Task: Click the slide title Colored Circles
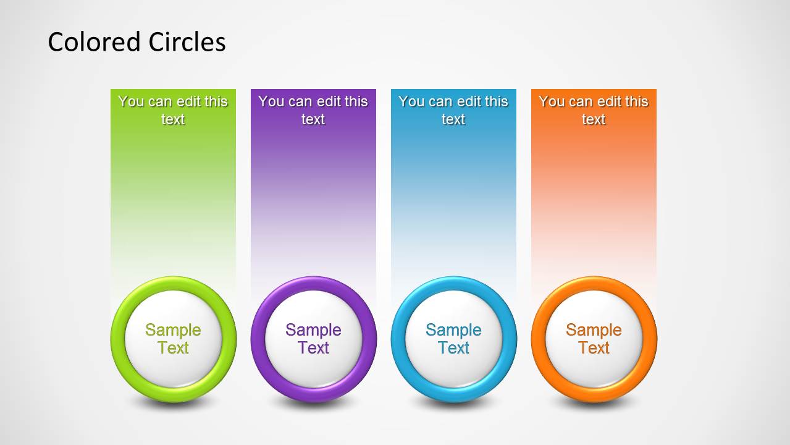[x=137, y=42]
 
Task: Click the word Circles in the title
[x=187, y=42]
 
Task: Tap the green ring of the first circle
[x=118, y=339]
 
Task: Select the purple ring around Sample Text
[x=258, y=339]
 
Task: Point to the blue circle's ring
[x=398, y=339]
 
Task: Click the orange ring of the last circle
[x=539, y=339]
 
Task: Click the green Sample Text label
[x=173, y=339]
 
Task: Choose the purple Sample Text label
[x=313, y=339]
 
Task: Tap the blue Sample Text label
[x=453, y=339]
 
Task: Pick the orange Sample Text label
[x=594, y=339]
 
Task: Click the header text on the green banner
[x=173, y=110]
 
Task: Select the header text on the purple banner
[x=313, y=110]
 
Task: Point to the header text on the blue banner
[x=453, y=110]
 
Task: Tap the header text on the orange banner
[x=594, y=110]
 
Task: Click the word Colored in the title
[x=95, y=42]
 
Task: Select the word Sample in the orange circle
[x=594, y=330]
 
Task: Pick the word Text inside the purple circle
[x=313, y=348]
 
